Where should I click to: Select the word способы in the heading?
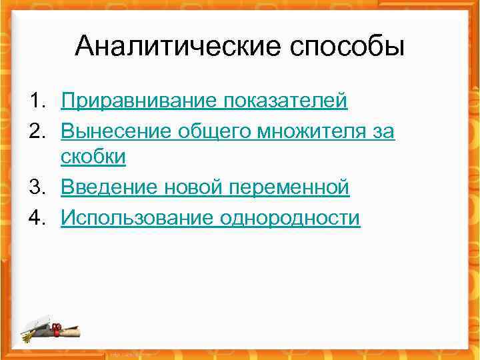pos(347,47)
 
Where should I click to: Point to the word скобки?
pos(93,157)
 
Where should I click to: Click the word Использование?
pos(137,218)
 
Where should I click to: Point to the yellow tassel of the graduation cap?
pos(27,336)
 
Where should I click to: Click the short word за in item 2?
pos(383,132)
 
